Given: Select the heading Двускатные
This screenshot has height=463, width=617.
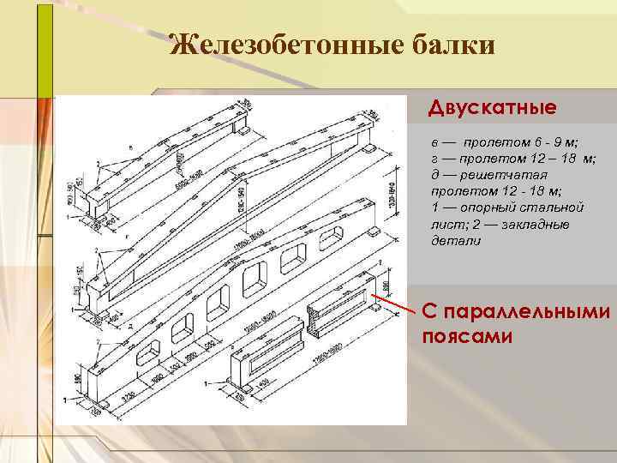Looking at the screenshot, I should [x=493, y=109].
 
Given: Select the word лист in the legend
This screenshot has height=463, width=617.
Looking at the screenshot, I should [x=445, y=225].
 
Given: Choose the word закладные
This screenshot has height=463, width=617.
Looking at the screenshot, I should [x=533, y=225].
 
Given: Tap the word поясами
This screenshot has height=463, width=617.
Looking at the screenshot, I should [x=467, y=334].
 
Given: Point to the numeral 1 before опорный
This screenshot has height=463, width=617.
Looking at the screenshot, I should [x=435, y=208].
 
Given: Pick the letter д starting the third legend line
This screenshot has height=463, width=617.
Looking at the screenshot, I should [x=435, y=175].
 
